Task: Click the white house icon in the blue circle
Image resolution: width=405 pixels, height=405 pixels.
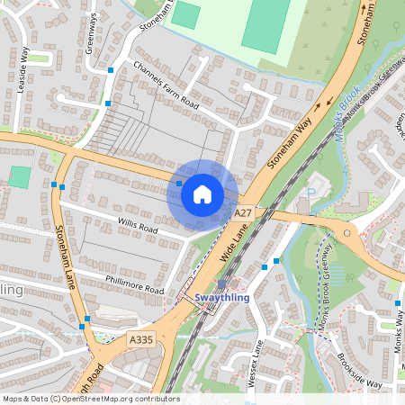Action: pos(202,193)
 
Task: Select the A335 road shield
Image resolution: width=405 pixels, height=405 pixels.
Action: pos(140,339)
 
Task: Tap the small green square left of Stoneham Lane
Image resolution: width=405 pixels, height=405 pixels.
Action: pos(20,177)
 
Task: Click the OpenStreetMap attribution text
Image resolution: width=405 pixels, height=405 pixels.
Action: pos(90,399)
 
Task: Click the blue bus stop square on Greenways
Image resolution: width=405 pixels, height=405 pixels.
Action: pos(110,69)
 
